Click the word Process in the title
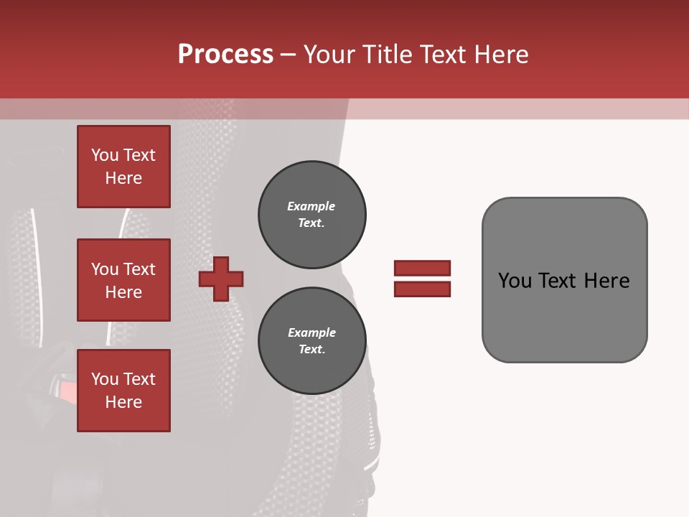click(x=225, y=55)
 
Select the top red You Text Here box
click(x=123, y=167)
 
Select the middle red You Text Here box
click(x=123, y=280)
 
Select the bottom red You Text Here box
click(x=123, y=391)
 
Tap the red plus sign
click(x=221, y=279)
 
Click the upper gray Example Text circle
click(x=312, y=215)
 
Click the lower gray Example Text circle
click(x=312, y=341)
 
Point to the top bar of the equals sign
click(x=422, y=269)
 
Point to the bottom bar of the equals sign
click(x=422, y=289)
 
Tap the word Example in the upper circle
click(x=311, y=206)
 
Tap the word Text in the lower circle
click(x=311, y=350)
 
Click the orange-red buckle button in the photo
click(x=65, y=391)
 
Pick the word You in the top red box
click(x=105, y=155)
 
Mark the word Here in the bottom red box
click(x=123, y=402)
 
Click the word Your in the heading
click(x=329, y=55)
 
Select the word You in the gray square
click(x=515, y=281)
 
